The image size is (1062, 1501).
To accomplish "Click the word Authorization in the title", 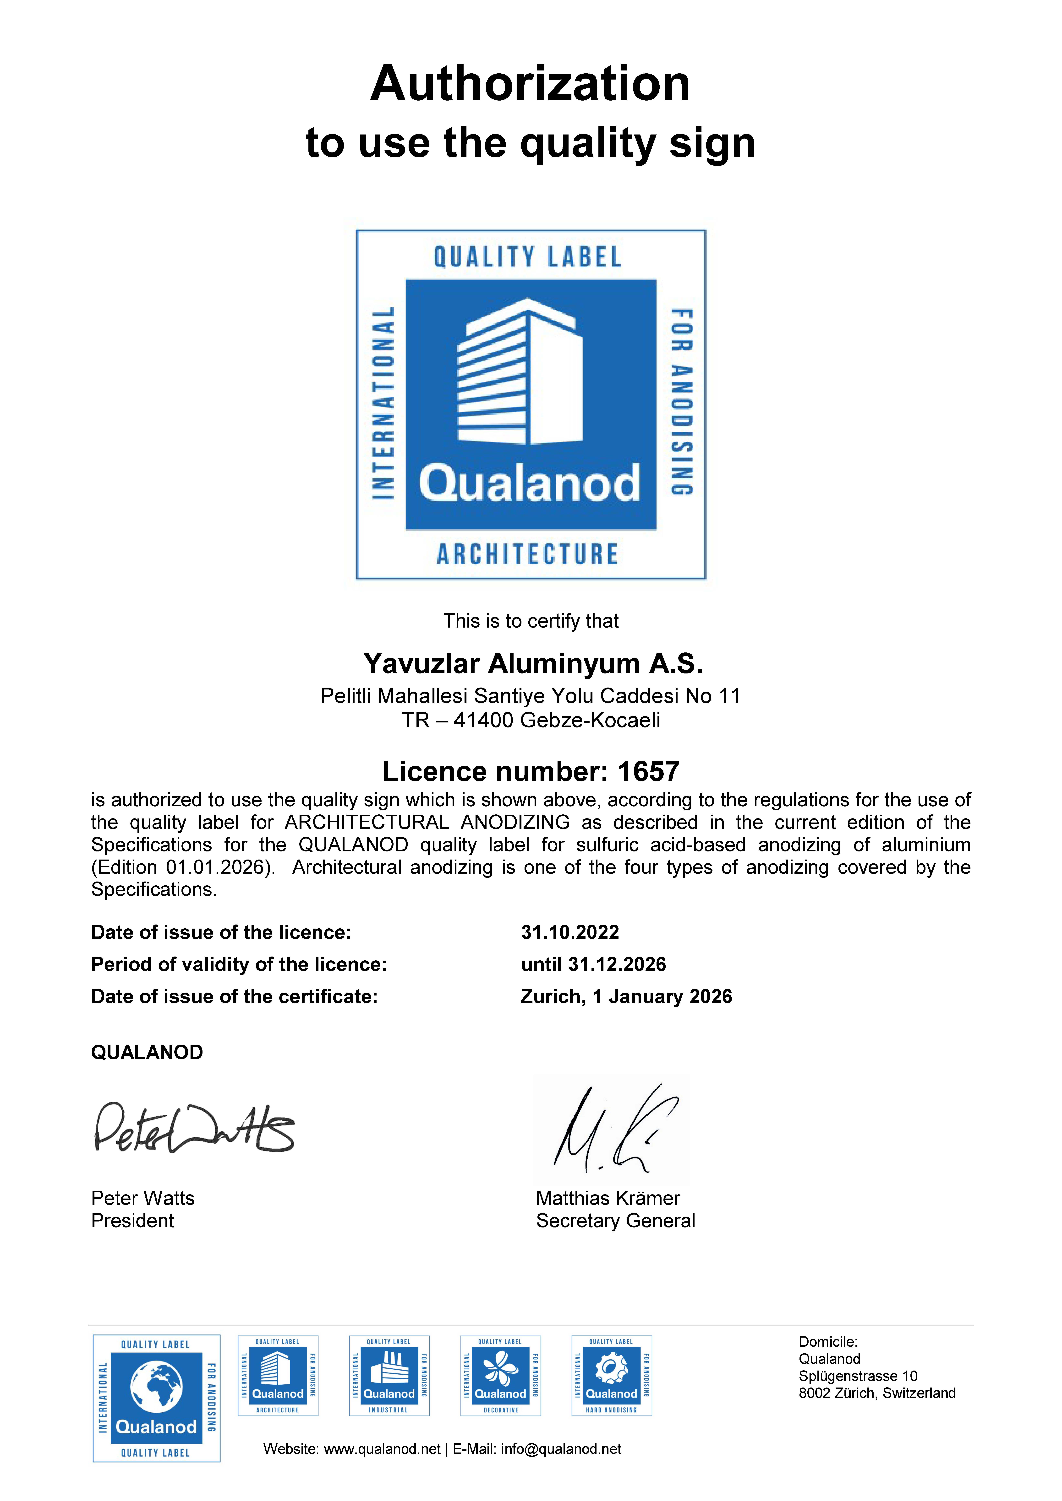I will coord(530,84).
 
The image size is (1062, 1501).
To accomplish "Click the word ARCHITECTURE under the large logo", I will coord(527,554).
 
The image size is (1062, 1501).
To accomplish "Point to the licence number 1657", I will coord(648,771).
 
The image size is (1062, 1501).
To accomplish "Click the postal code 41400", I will coord(483,720).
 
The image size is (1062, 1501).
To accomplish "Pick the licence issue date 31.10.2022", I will coord(570,932).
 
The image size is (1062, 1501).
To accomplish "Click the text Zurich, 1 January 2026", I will coord(626,996).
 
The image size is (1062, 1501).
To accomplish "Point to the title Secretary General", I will coord(615,1221).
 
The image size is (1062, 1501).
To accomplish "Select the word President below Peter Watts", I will coord(133,1221).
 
